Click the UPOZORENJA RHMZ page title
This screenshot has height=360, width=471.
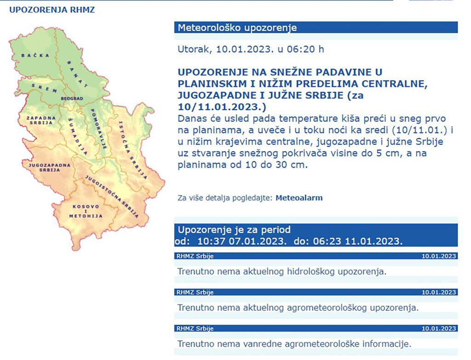[x=52, y=10]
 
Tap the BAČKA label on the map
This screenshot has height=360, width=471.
[x=35, y=55]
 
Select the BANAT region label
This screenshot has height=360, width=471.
[x=77, y=74]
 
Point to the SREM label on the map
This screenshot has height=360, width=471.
[x=44, y=88]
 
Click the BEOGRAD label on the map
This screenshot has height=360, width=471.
[x=72, y=98]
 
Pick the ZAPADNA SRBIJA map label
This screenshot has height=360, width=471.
[x=41, y=120]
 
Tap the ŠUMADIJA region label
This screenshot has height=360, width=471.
[x=78, y=136]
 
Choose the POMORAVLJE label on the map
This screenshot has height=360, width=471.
[x=99, y=129]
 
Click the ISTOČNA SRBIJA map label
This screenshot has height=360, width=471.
[x=132, y=150]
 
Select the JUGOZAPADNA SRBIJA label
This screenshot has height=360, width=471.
[x=50, y=167]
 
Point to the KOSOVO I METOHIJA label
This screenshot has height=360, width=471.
[x=86, y=211]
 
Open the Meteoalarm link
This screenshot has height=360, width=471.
[x=299, y=198]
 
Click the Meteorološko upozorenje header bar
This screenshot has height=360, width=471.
[x=316, y=27]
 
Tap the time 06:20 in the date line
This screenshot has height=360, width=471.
[x=305, y=49]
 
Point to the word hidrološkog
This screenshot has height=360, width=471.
[x=310, y=272]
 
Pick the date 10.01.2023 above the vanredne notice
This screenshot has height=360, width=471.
[x=438, y=328]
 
